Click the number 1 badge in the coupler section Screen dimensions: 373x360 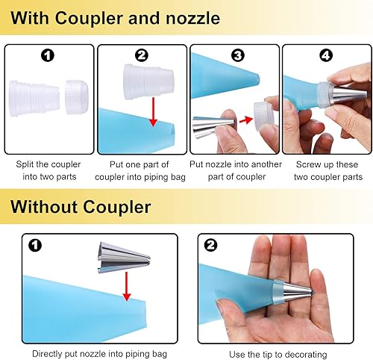coord(48,55)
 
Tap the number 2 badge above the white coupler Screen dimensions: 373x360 coord(141,55)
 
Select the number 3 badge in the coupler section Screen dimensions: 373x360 coord(238,55)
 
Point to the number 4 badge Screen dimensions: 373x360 coord(326,55)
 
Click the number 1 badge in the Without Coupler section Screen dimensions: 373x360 coord(35,246)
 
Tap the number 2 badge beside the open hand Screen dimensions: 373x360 coord(210,246)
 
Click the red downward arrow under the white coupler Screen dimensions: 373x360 coord(154,112)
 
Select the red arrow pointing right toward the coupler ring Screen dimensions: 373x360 coord(245,120)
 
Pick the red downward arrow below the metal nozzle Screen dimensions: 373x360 coord(127,286)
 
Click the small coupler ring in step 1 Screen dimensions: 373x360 coord(77,97)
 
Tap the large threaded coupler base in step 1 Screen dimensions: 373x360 coord(34,99)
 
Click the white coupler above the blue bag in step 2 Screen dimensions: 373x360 coord(148,82)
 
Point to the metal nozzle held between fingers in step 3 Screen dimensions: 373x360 coord(213,127)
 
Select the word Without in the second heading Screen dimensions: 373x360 coord(44,207)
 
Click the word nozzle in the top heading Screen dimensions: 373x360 coord(192,19)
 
